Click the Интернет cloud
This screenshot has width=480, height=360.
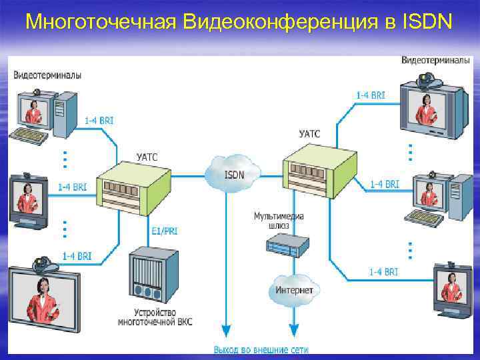click(294, 290)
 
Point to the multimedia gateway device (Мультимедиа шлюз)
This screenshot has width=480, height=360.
click(285, 245)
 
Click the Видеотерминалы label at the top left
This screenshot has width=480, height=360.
click(48, 75)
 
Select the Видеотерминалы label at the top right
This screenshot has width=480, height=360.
click(435, 61)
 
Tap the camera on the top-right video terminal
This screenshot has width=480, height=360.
click(427, 80)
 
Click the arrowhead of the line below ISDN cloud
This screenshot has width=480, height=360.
click(226, 331)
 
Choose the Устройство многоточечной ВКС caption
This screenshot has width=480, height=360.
click(155, 317)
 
